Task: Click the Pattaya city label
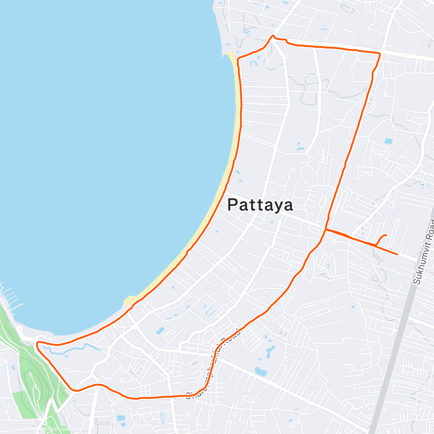pos(260,205)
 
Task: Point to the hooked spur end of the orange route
pos(386,235)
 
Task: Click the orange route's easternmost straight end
pos(397,254)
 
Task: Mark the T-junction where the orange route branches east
pos(326,229)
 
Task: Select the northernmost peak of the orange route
pos(273,36)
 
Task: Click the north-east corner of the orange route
pos(379,54)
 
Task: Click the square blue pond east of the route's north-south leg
pos(388,141)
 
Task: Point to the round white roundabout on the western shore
pos(18,329)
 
